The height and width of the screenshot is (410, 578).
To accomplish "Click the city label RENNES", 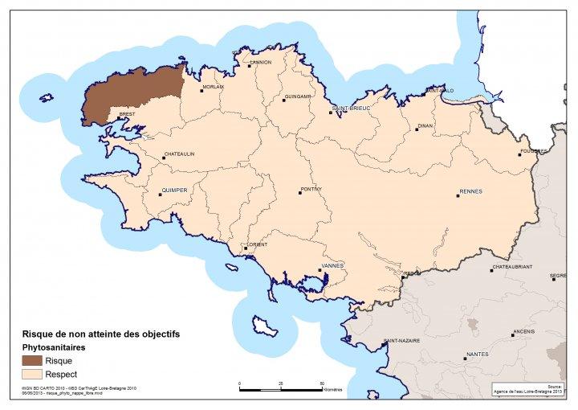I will click(470, 192).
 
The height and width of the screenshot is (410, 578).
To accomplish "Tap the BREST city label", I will click(126, 115).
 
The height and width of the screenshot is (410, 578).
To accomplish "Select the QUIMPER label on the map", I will click(174, 191).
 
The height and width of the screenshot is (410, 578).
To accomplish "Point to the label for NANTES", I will click(477, 354).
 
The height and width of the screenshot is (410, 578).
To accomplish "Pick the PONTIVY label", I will click(311, 189).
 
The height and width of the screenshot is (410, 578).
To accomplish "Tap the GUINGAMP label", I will click(297, 97).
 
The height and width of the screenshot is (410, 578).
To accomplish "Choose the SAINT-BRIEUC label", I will click(349, 109).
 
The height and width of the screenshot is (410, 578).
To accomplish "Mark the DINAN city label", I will click(425, 125).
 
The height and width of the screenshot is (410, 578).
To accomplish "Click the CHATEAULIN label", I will click(179, 154).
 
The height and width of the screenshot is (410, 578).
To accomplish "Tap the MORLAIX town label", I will click(214, 87).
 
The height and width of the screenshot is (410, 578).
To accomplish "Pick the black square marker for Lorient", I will click(246, 248).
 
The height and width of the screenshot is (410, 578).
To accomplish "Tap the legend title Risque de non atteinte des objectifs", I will click(100, 334).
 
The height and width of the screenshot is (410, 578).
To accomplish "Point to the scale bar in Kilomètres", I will click(280, 387).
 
